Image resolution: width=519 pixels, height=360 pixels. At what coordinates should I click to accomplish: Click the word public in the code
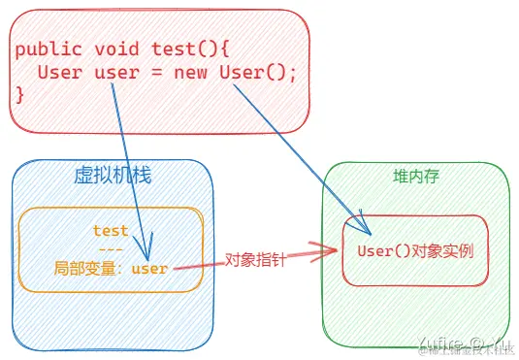tap(45, 49)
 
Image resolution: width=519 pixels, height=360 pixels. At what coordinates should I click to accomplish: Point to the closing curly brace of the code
tap(19, 94)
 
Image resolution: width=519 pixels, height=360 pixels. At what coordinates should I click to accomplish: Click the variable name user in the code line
tap(116, 72)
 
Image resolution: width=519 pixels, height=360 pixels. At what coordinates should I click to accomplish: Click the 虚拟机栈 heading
tap(113, 176)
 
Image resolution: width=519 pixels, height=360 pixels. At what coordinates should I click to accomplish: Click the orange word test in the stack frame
tap(111, 231)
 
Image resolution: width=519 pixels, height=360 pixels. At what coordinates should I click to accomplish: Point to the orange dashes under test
tap(111, 248)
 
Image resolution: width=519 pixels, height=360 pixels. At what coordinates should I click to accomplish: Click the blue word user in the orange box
tap(149, 268)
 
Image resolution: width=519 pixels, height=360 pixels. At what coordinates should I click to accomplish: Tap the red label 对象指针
tap(255, 260)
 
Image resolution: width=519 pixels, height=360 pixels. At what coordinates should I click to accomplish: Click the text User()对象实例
tap(414, 251)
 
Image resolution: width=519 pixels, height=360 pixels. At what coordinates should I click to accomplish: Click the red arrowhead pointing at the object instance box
tap(330, 251)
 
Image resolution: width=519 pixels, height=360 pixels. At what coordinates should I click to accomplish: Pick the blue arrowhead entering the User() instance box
tap(367, 229)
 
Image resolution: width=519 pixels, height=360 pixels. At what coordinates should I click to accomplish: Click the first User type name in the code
tap(60, 72)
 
